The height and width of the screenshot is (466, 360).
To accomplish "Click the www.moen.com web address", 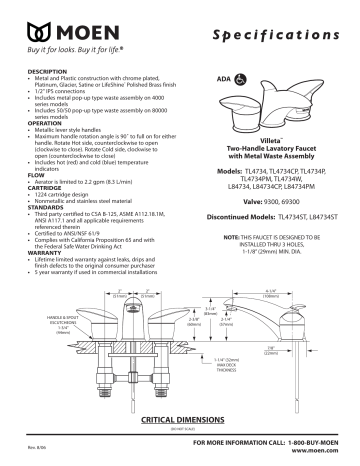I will (318, 452).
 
